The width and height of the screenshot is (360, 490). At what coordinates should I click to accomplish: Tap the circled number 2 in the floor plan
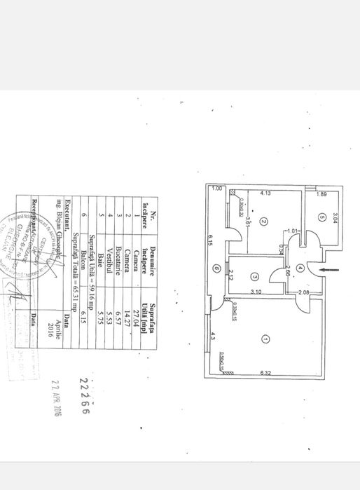click(263, 222)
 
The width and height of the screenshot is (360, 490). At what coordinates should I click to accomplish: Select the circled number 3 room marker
click(254, 276)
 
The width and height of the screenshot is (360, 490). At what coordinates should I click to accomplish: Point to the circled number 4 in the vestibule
click(299, 268)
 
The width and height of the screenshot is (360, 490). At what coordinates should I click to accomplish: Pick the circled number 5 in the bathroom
click(320, 217)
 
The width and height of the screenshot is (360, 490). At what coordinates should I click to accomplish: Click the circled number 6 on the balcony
click(217, 268)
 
